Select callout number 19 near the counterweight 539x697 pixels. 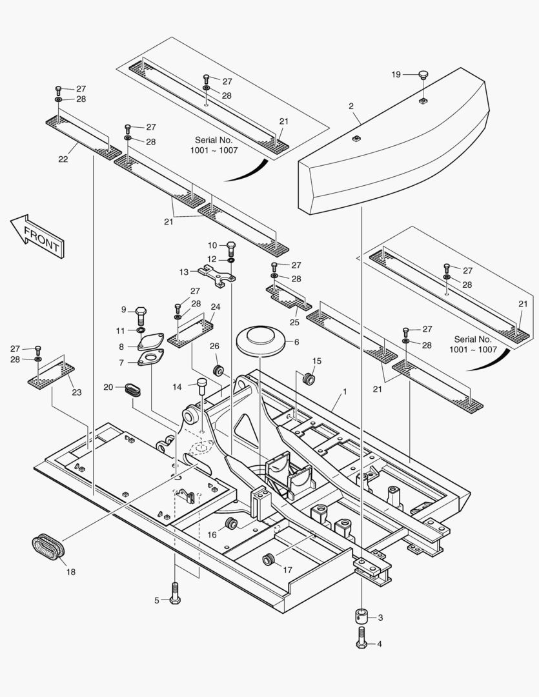click(396, 74)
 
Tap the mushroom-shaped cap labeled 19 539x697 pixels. click(423, 75)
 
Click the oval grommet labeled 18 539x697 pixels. click(48, 547)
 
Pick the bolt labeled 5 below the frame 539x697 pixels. click(174, 594)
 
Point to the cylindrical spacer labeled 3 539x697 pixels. click(361, 617)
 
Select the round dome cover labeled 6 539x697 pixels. click(260, 340)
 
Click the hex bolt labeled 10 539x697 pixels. click(231, 247)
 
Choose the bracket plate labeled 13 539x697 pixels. click(217, 274)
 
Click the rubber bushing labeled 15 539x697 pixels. click(309, 378)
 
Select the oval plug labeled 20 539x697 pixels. click(133, 388)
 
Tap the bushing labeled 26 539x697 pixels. click(219, 371)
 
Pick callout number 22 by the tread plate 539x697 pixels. click(63, 159)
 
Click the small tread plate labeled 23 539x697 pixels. click(51, 375)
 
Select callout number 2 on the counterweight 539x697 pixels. click(351, 106)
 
